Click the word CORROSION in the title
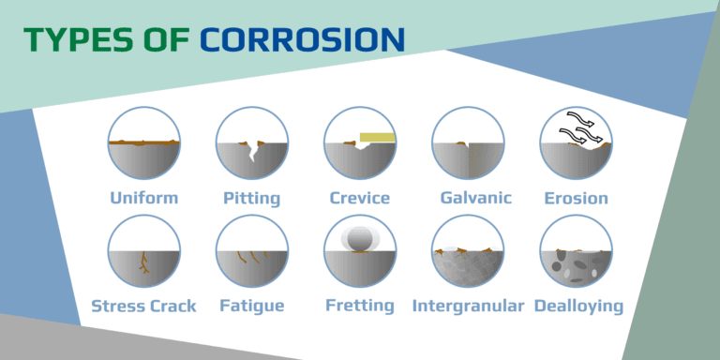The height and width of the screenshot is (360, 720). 302,39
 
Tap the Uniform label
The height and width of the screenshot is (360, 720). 143,198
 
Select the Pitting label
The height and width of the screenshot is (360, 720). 251,198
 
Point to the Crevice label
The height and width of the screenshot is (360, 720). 360,198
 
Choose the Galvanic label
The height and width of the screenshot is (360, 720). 468,198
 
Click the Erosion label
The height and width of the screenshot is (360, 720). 576,198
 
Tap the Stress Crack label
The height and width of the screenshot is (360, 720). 143,306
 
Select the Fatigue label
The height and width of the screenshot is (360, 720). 251,306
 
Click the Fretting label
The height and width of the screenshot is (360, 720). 360,306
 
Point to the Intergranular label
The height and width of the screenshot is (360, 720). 468,306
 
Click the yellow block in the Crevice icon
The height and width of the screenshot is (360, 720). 377,139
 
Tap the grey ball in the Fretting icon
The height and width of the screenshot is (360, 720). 360,241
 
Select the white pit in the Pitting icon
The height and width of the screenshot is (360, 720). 252,151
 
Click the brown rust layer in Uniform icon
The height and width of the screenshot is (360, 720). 143,142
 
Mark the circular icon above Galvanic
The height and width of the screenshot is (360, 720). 468,142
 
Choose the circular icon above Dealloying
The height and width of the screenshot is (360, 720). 576,250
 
